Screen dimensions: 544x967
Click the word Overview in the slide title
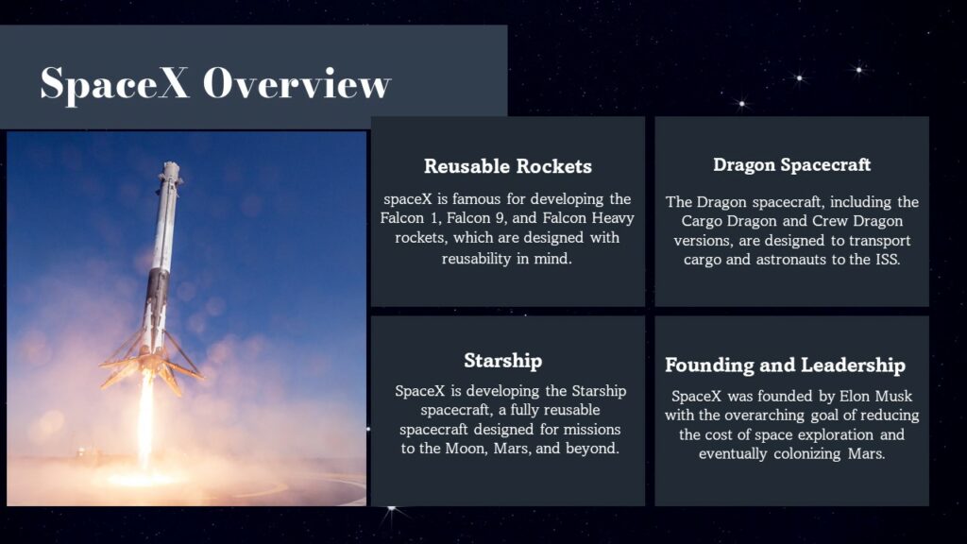(297, 84)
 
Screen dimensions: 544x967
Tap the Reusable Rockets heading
(508, 167)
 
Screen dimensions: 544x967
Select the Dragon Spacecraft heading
(791, 165)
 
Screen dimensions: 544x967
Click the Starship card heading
(502, 361)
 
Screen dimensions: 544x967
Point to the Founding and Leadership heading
(785, 365)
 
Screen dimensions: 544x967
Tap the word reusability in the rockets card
(476, 258)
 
